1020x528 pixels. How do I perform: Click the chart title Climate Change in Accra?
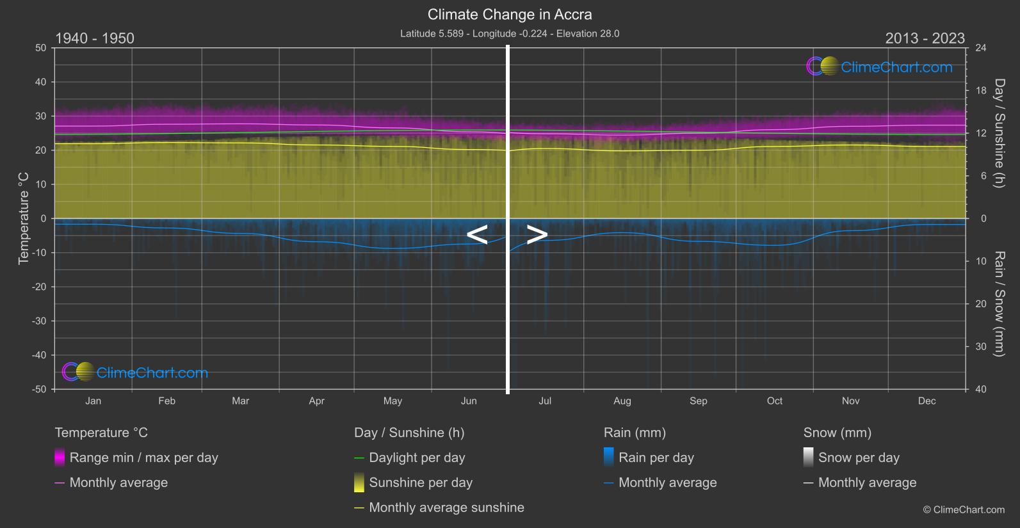(x=510, y=15)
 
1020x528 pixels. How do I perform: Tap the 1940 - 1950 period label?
(x=95, y=38)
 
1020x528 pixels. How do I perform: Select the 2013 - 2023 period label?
(x=925, y=38)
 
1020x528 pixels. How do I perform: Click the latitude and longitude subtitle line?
(x=510, y=34)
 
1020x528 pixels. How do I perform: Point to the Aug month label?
(x=622, y=401)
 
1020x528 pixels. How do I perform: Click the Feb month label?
(x=166, y=401)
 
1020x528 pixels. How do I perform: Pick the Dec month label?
(x=927, y=401)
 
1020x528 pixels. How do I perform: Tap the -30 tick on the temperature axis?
(x=39, y=321)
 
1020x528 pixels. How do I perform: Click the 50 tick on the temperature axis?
(x=41, y=48)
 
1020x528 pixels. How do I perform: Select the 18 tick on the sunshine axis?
(x=981, y=91)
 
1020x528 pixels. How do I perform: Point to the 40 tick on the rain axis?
(x=981, y=389)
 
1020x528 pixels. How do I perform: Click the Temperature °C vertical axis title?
(x=24, y=218)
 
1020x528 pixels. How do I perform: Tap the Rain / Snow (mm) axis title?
(x=1000, y=303)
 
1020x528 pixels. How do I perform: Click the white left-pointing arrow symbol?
(x=477, y=235)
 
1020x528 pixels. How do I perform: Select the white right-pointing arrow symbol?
(x=537, y=235)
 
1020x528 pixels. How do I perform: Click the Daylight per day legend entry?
(x=417, y=458)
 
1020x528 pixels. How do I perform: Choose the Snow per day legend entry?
(x=859, y=458)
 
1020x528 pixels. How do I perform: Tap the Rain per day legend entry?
(x=656, y=458)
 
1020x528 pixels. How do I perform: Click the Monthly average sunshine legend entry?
(x=446, y=508)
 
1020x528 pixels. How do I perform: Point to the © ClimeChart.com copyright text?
(x=964, y=510)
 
